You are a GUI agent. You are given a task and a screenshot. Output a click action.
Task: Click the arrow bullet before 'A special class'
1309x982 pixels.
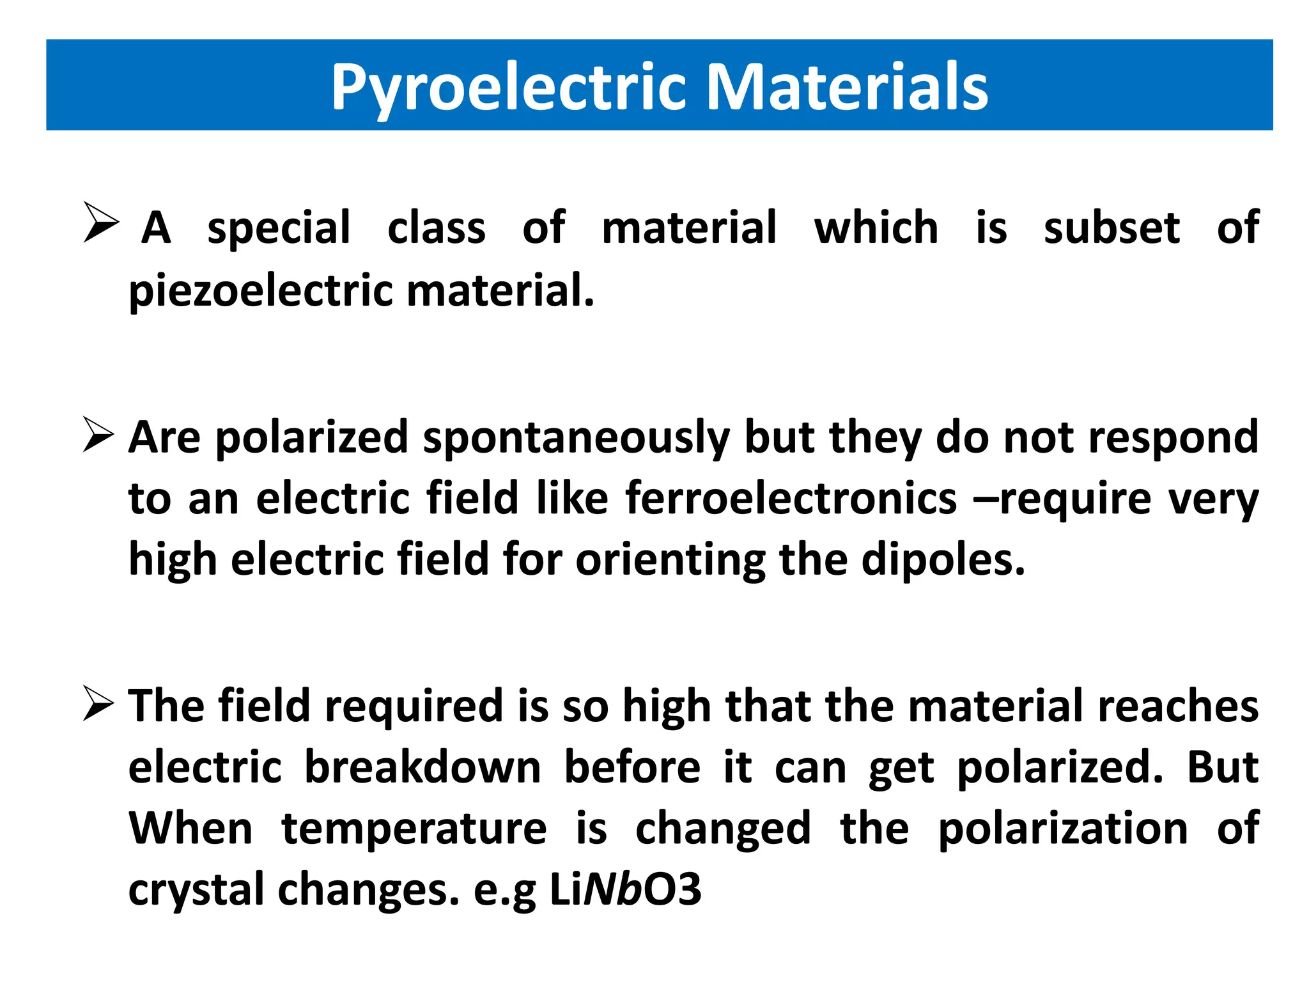101,222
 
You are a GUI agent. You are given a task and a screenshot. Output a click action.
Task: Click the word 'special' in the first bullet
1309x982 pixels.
279,229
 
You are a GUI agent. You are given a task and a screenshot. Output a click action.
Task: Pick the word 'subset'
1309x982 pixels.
1111,228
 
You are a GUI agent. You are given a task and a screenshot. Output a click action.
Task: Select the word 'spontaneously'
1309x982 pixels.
576,439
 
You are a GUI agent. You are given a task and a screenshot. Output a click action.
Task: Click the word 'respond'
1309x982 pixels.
1173,439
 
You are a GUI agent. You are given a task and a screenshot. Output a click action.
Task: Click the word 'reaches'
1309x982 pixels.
1179,706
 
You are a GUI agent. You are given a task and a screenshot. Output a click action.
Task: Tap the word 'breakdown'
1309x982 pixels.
422,767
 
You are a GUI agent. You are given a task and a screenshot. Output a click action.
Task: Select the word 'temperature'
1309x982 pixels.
414,829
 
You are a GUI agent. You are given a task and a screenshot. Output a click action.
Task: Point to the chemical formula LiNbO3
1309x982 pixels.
625,889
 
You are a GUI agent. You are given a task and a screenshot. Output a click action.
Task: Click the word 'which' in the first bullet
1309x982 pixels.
876,228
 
